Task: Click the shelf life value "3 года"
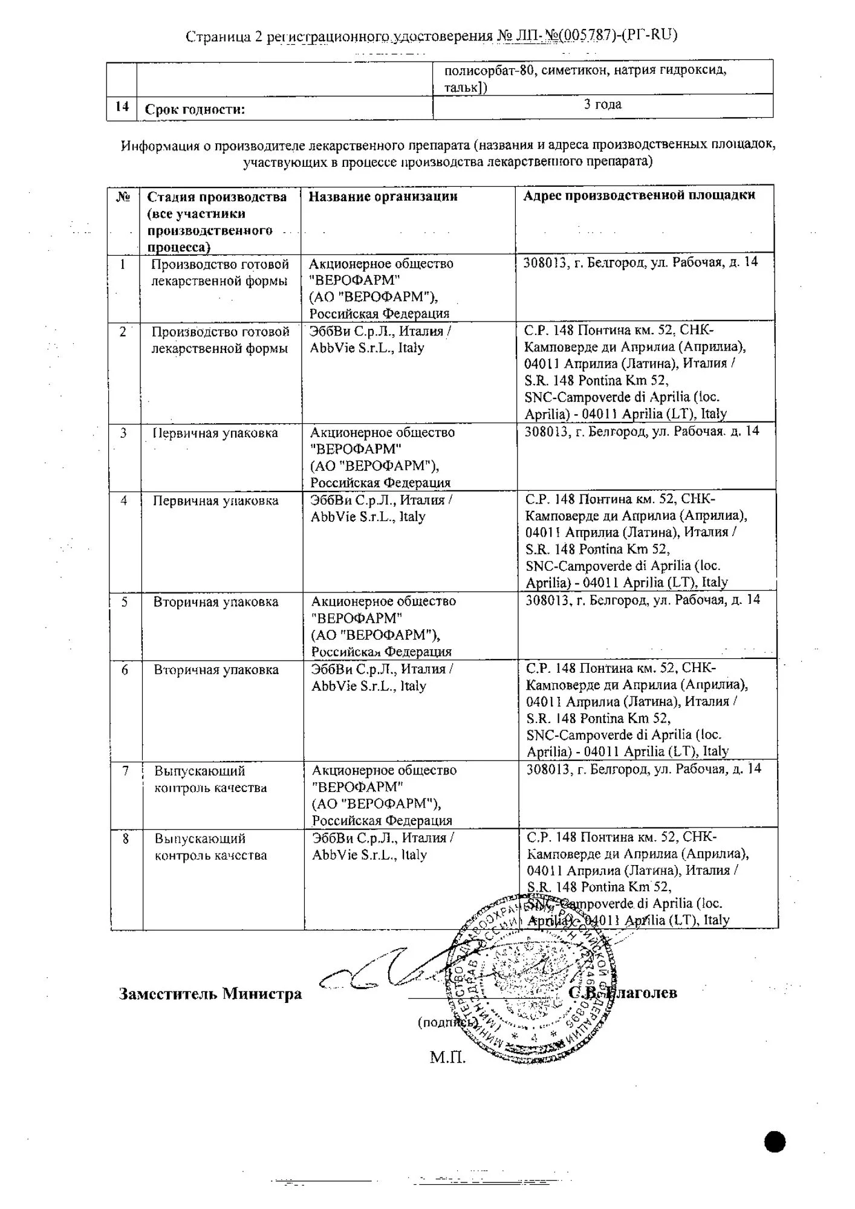click(602, 105)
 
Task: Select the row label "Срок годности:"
click(195, 110)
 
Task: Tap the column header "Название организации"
click(383, 196)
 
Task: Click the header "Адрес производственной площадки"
click(639, 195)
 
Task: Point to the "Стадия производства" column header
click(216, 197)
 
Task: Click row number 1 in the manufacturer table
click(123, 265)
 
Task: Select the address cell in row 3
click(642, 432)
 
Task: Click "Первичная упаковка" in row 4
click(215, 501)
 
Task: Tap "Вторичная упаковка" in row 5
click(216, 602)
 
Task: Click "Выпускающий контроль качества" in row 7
click(210, 779)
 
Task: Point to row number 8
click(126, 839)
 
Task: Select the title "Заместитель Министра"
click(210, 994)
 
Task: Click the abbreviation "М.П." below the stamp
click(447, 1057)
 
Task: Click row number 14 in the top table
click(122, 107)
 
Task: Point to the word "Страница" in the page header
click(217, 36)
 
